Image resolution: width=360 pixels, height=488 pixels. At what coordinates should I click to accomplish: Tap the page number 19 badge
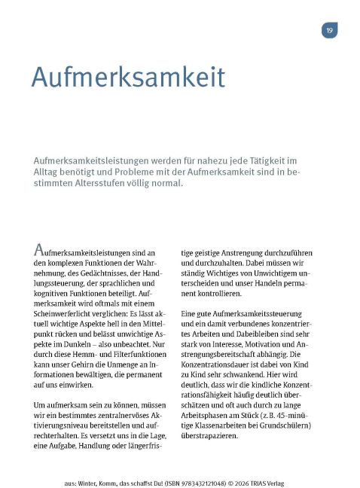pos(329,31)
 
